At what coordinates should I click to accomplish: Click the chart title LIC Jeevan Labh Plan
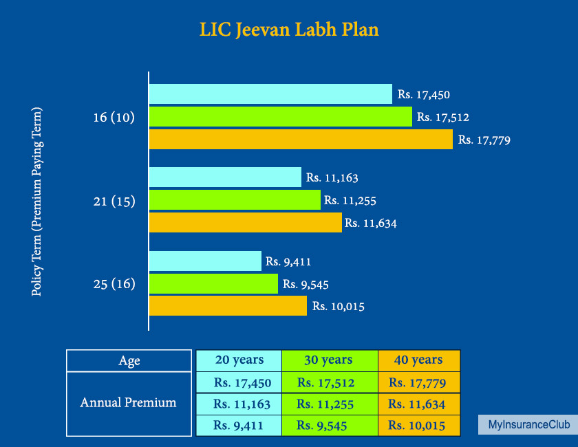pyautogui.click(x=289, y=30)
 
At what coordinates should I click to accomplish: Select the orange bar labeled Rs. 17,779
pyautogui.click(x=301, y=140)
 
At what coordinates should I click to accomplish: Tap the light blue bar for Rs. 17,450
pyautogui.click(x=270, y=94)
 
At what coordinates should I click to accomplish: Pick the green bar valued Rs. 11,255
pyautogui.click(x=235, y=200)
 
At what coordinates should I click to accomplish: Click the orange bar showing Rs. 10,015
pyautogui.click(x=228, y=306)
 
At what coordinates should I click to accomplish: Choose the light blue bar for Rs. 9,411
pyautogui.click(x=205, y=261)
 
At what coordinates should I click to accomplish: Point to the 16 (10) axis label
pyautogui.click(x=114, y=118)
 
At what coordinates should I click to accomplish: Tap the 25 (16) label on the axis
pyautogui.click(x=114, y=283)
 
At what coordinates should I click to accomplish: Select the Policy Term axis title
pyautogui.click(x=37, y=201)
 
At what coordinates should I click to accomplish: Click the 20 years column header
pyautogui.click(x=239, y=360)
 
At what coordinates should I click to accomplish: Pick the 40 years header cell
pyautogui.click(x=418, y=360)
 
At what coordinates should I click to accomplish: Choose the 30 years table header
pyautogui.click(x=329, y=360)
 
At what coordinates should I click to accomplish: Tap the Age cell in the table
pyautogui.click(x=129, y=361)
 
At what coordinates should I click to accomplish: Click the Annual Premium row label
pyautogui.click(x=129, y=403)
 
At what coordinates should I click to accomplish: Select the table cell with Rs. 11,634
pyautogui.click(x=418, y=404)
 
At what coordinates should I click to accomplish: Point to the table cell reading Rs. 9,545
pyautogui.click(x=329, y=425)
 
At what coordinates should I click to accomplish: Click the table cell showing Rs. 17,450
pyautogui.click(x=239, y=382)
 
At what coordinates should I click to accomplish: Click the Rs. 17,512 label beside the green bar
pyautogui.click(x=443, y=118)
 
